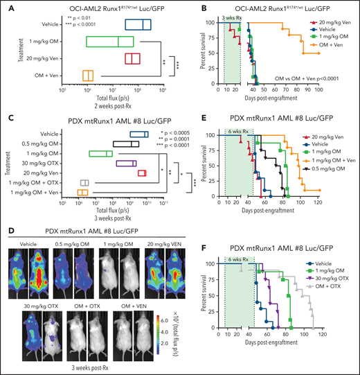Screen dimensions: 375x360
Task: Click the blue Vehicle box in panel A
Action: tap(138, 25)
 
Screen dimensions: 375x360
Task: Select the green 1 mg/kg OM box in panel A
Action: tap(109, 42)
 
